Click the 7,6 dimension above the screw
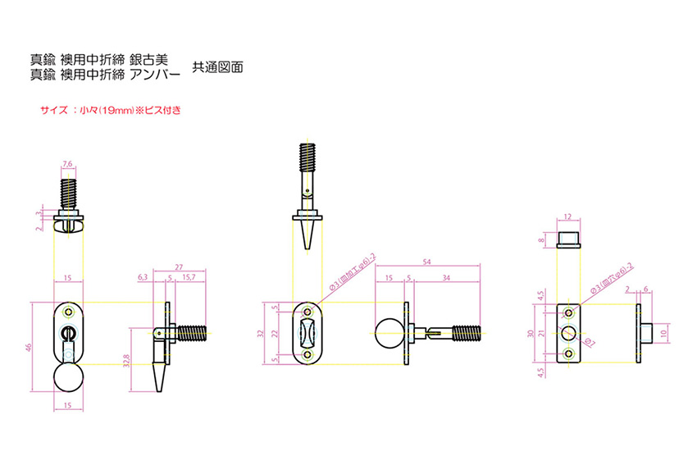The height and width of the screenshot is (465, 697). [x=68, y=165]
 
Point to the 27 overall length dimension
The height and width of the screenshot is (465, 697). [x=179, y=267]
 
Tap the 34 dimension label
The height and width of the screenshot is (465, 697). [x=444, y=278]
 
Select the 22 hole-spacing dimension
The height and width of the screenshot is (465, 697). [x=275, y=333]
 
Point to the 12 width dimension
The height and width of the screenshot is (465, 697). [x=567, y=218]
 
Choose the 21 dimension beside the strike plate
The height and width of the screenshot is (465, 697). [x=542, y=333]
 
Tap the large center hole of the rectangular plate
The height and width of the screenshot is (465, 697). [x=567, y=333]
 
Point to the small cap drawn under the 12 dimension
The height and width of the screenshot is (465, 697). [x=567, y=239]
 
